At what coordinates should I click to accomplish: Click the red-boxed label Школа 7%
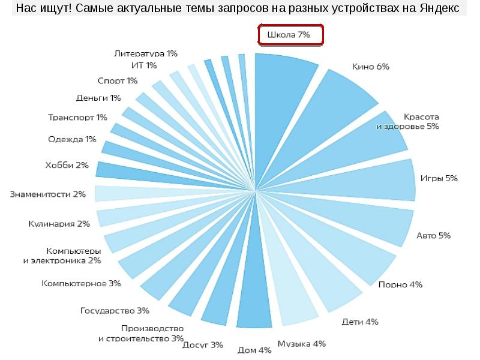291,35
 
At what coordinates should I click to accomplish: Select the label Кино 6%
371,67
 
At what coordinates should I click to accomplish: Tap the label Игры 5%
439,178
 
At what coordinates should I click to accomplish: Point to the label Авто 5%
433,235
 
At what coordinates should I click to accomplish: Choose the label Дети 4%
360,322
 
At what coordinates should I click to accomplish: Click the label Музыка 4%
301,344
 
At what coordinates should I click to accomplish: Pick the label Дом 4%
255,350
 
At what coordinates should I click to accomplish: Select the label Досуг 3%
203,345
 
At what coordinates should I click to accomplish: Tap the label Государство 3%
115,310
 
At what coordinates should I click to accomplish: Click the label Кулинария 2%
59,224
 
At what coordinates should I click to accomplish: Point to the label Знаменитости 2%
48,194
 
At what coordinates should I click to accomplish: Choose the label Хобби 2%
67,165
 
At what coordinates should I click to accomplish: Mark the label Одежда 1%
72,140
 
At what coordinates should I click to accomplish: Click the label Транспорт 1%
77,117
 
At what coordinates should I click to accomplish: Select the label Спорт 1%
118,80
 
